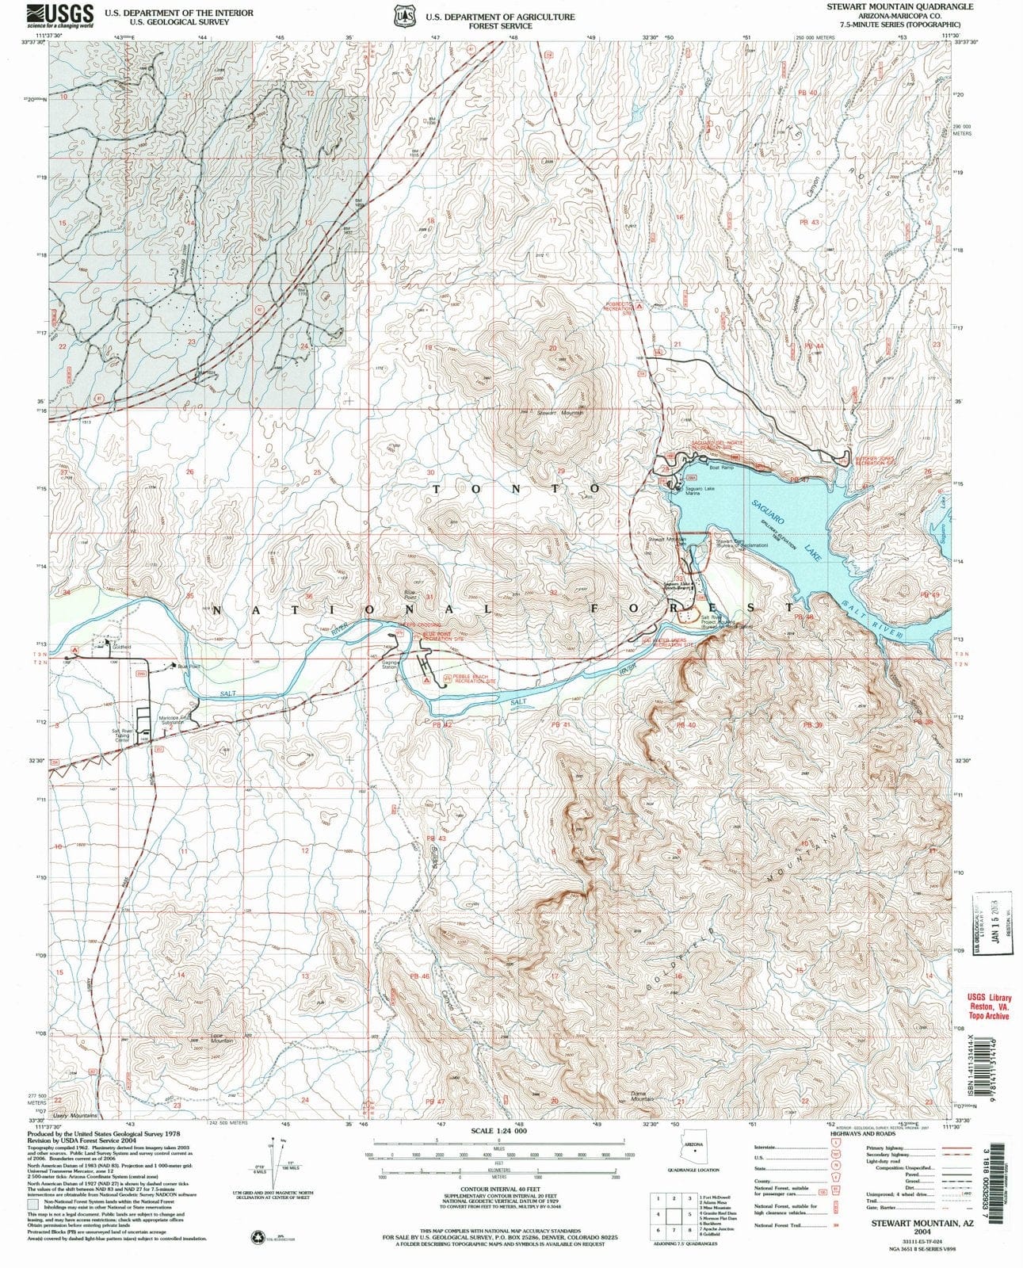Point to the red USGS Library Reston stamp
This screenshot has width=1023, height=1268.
pyautogui.click(x=987, y=1006)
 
